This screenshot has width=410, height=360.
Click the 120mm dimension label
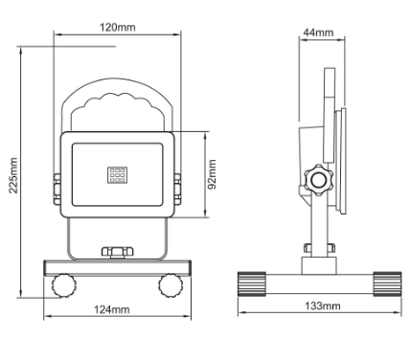[x=118, y=27]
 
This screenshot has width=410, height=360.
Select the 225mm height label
[x=11, y=175]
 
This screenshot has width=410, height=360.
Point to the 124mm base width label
[x=113, y=308]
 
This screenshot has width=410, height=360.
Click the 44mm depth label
[x=317, y=33]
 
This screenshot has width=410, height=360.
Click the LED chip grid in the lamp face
[x=117, y=175]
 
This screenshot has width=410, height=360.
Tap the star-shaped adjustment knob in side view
[x=315, y=180]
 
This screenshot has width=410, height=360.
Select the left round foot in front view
[x=64, y=283]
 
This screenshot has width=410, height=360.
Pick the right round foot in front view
[x=171, y=283]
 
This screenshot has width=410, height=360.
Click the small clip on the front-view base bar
[x=116, y=253]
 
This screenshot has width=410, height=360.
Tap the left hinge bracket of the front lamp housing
[x=58, y=179]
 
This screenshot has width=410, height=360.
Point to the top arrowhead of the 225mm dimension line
[x=21, y=47]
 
